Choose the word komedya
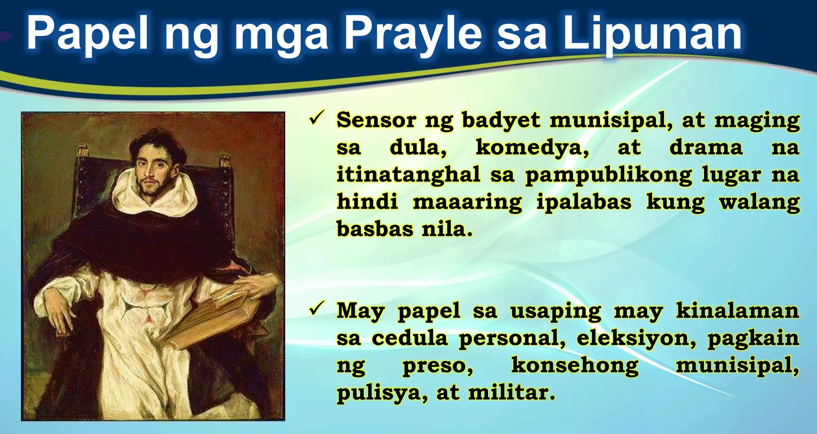click(532, 148)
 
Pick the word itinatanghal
click(408, 175)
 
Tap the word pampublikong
click(608, 176)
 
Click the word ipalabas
click(584, 202)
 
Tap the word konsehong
click(574, 365)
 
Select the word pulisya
click(382, 393)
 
